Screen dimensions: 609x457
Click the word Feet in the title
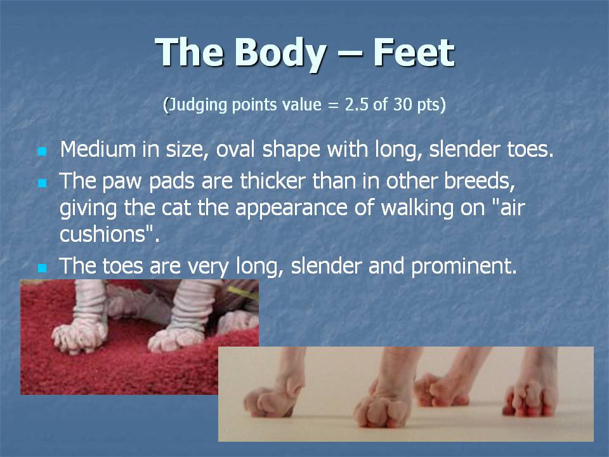[414, 52]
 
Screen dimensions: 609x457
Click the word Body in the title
[280, 54]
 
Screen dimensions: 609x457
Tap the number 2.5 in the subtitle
[357, 105]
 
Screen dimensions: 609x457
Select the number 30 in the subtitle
[402, 105]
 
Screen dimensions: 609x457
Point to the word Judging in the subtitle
[198, 105]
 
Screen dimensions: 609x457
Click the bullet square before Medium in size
[42, 151]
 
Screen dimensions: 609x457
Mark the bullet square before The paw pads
[42, 183]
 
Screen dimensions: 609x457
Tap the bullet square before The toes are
[42, 267]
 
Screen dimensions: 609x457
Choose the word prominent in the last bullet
[464, 267]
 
